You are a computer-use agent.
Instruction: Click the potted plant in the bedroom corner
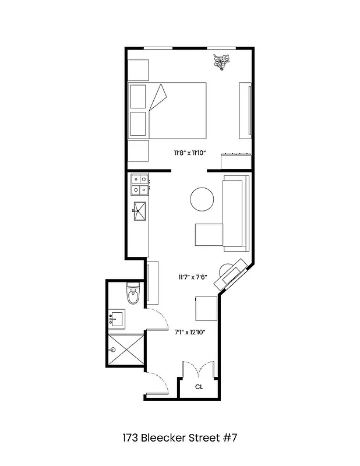(221, 61)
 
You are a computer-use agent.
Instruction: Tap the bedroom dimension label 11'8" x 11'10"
(190, 153)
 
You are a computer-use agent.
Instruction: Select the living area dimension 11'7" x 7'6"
(192, 277)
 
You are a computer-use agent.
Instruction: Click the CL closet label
(199, 386)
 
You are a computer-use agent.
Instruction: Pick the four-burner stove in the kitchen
(139, 185)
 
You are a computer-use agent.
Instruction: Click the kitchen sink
(140, 211)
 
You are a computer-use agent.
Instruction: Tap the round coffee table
(203, 200)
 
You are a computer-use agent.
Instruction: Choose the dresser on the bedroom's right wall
(245, 111)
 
